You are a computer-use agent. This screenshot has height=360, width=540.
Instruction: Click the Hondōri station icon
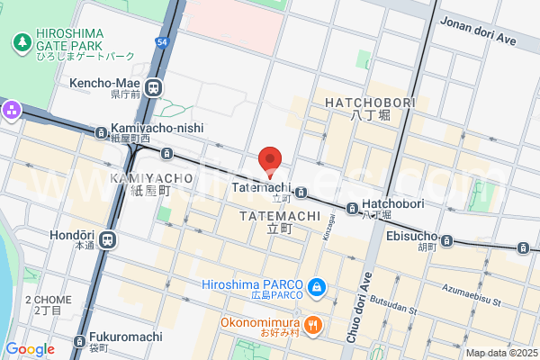coord(108,239)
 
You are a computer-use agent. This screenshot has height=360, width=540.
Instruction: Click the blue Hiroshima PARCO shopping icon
coord(317,288)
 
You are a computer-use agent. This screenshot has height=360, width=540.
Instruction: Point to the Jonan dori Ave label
coord(479,40)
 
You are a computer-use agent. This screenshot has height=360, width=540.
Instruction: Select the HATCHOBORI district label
coord(371,103)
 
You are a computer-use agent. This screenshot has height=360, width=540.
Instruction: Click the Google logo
coord(30,348)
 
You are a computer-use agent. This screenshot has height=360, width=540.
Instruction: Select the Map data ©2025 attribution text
coord(501,353)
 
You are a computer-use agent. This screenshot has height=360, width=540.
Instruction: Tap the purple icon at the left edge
coord(11,112)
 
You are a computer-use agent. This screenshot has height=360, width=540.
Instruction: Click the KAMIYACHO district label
coord(151,178)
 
